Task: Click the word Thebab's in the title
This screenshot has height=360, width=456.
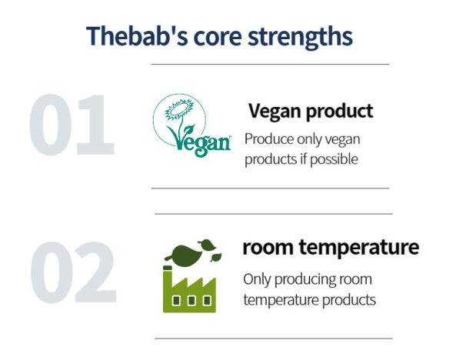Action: tap(137, 36)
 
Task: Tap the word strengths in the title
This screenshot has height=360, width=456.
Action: tap(300, 37)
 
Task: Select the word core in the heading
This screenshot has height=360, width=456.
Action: tap(218, 37)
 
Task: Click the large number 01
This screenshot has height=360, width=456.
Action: tap(72, 125)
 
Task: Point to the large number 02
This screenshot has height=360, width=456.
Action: tap(73, 272)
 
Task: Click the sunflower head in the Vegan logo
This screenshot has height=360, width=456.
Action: tap(179, 110)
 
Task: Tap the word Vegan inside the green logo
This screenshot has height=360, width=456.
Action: tap(199, 141)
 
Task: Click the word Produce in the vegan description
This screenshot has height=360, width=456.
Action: tap(269, 139)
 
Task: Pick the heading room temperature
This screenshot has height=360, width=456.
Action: tap(331, 248)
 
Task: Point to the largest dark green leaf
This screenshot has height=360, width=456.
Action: tap(182, 254)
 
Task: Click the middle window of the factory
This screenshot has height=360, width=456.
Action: tap(191, 300)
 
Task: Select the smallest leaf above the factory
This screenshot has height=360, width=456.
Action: tap(216, 257)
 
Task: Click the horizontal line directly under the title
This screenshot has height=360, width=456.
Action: tap(270, 64)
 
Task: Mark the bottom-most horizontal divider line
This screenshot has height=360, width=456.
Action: tap(274, 338)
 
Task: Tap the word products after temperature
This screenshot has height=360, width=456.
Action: tap(349, 301)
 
